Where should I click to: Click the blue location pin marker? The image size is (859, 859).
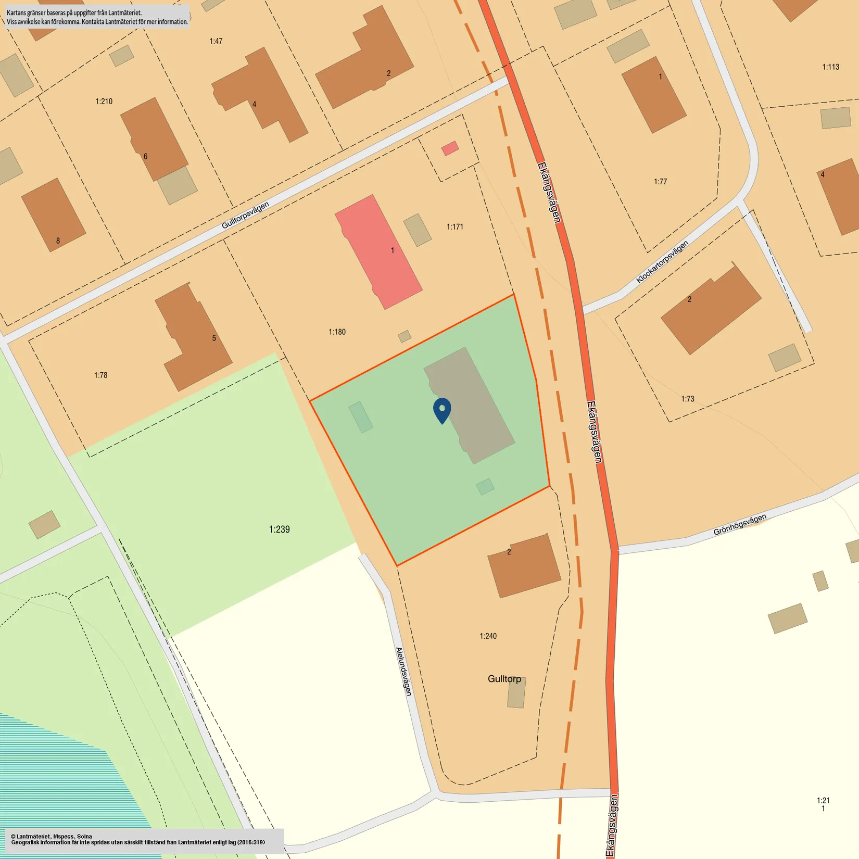tap(442, 410)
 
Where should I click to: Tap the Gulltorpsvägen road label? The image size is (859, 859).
tap(245, 215)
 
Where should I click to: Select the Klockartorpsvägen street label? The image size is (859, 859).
tap(662, 262)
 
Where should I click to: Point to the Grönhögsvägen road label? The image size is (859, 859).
tap(739, 524)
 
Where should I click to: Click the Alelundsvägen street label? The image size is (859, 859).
tap(404, 672)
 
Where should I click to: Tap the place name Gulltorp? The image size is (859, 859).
tap(504, 679)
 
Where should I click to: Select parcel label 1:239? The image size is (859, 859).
tap(279, 529)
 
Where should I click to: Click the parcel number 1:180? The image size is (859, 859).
tap(337, 332)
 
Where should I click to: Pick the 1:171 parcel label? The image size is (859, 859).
tap(454, 226)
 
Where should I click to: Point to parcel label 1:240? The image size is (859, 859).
tap(488, 636)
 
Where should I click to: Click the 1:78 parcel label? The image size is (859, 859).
tap(100, 375)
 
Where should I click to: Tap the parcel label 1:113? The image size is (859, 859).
tap(830, 67)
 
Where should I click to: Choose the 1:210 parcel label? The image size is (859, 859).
tap(104, 101)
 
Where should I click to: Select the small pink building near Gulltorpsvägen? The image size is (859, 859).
tap(450, 148)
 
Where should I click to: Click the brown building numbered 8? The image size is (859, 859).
tap(53, 214)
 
